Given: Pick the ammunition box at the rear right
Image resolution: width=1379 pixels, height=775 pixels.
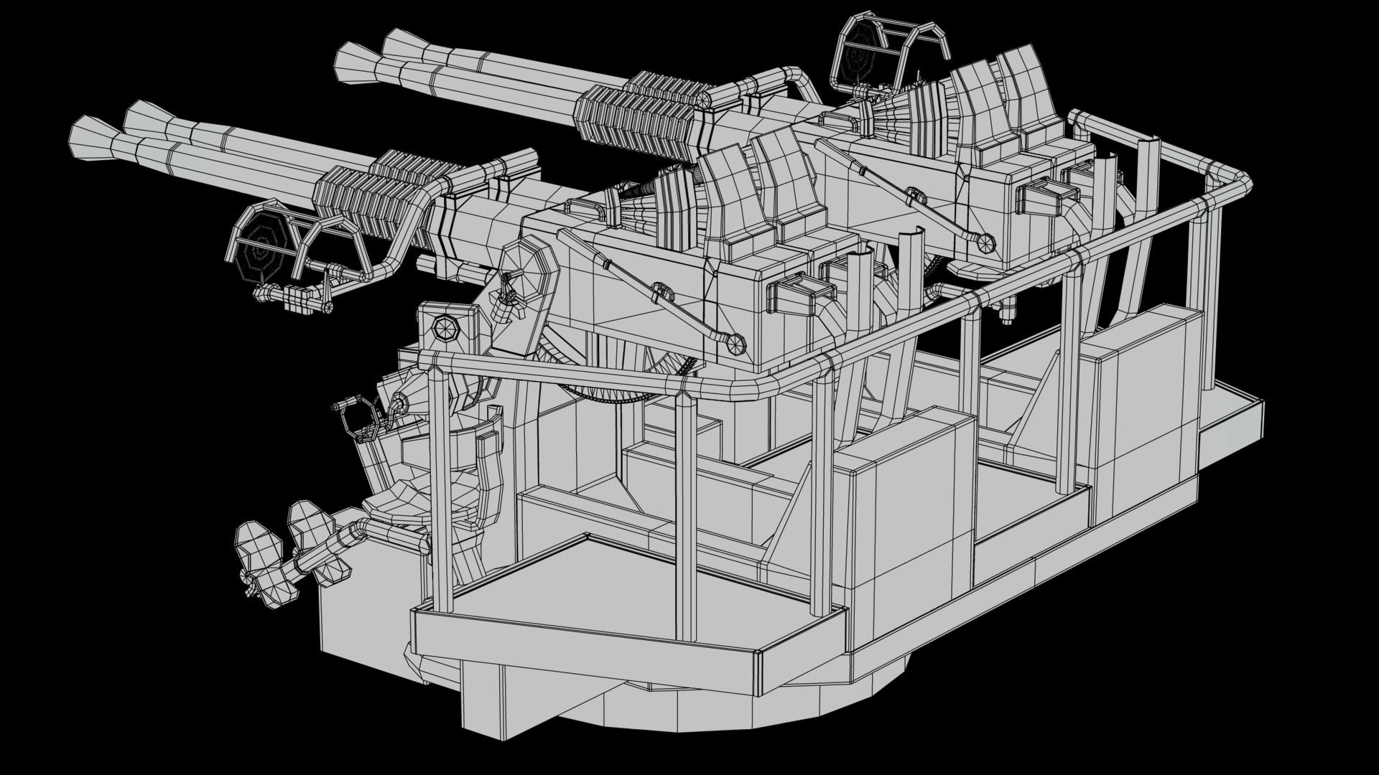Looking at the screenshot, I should coord(1142,380).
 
